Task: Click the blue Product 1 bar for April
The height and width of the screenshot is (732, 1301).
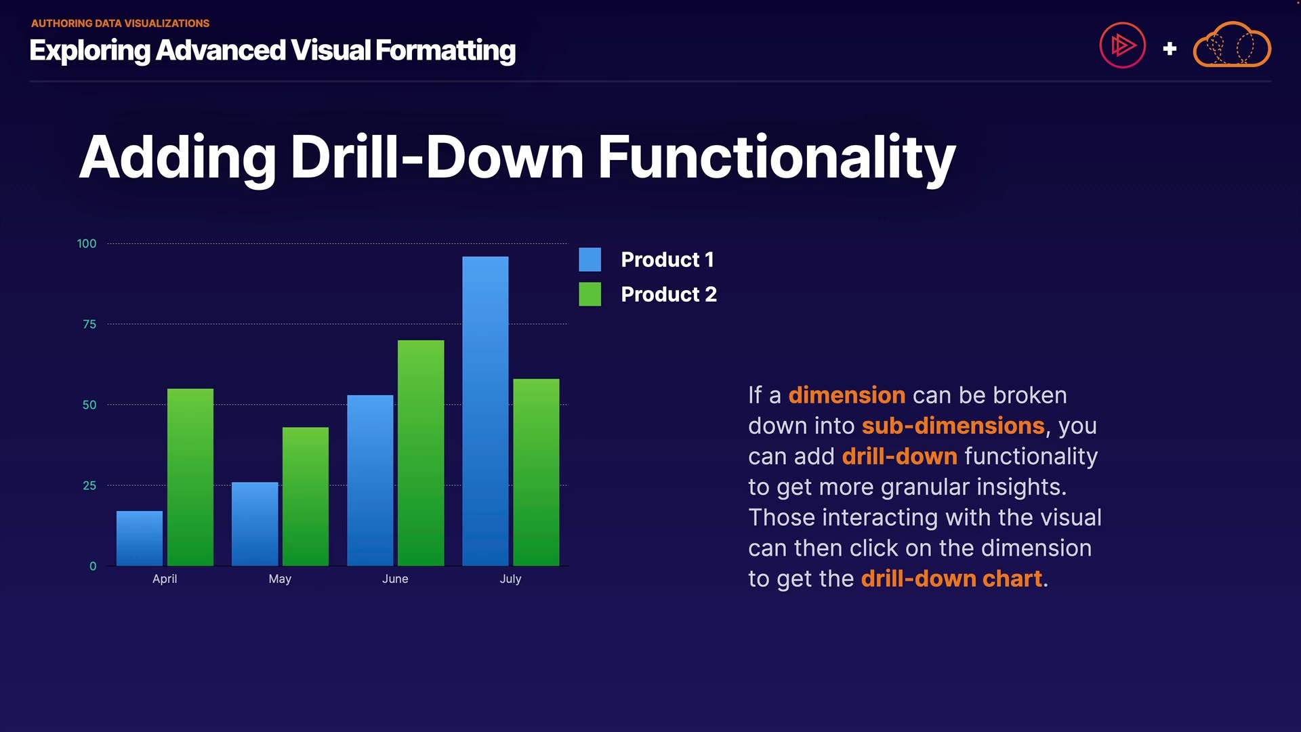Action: click(x=140, y=538)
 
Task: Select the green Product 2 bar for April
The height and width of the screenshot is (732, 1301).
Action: click(x=190, y=477)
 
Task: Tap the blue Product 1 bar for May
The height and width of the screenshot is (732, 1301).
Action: click(x=255, y=524)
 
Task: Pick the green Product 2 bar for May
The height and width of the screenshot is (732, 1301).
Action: click(x=306, y=496)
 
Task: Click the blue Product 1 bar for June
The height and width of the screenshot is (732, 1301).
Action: click(x=370, y=481)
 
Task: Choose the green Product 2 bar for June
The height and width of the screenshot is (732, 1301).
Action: click(x=421, y=453)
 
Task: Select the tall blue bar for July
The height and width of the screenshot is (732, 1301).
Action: click(x=485, y=411)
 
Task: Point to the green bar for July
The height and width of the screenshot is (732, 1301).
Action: click(x=536, y=472)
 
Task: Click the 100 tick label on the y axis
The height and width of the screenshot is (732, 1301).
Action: click(x=87, y=243)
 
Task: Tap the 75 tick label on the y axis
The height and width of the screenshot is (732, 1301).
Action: click(x=89, y=324)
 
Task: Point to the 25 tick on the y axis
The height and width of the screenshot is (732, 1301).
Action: click(x=89, y=485)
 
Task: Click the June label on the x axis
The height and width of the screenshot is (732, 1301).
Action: click(x=395, y=579)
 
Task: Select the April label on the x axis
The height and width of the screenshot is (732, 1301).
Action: click(x=165, y=579)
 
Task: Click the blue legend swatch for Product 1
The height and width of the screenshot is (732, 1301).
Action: click(x=590, y=260)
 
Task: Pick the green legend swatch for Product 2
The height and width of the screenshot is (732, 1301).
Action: click(x=590, y=294)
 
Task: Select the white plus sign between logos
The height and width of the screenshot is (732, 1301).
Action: click(x=1170, y=49)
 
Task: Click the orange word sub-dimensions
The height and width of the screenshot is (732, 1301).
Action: click(x=953, y=426)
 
